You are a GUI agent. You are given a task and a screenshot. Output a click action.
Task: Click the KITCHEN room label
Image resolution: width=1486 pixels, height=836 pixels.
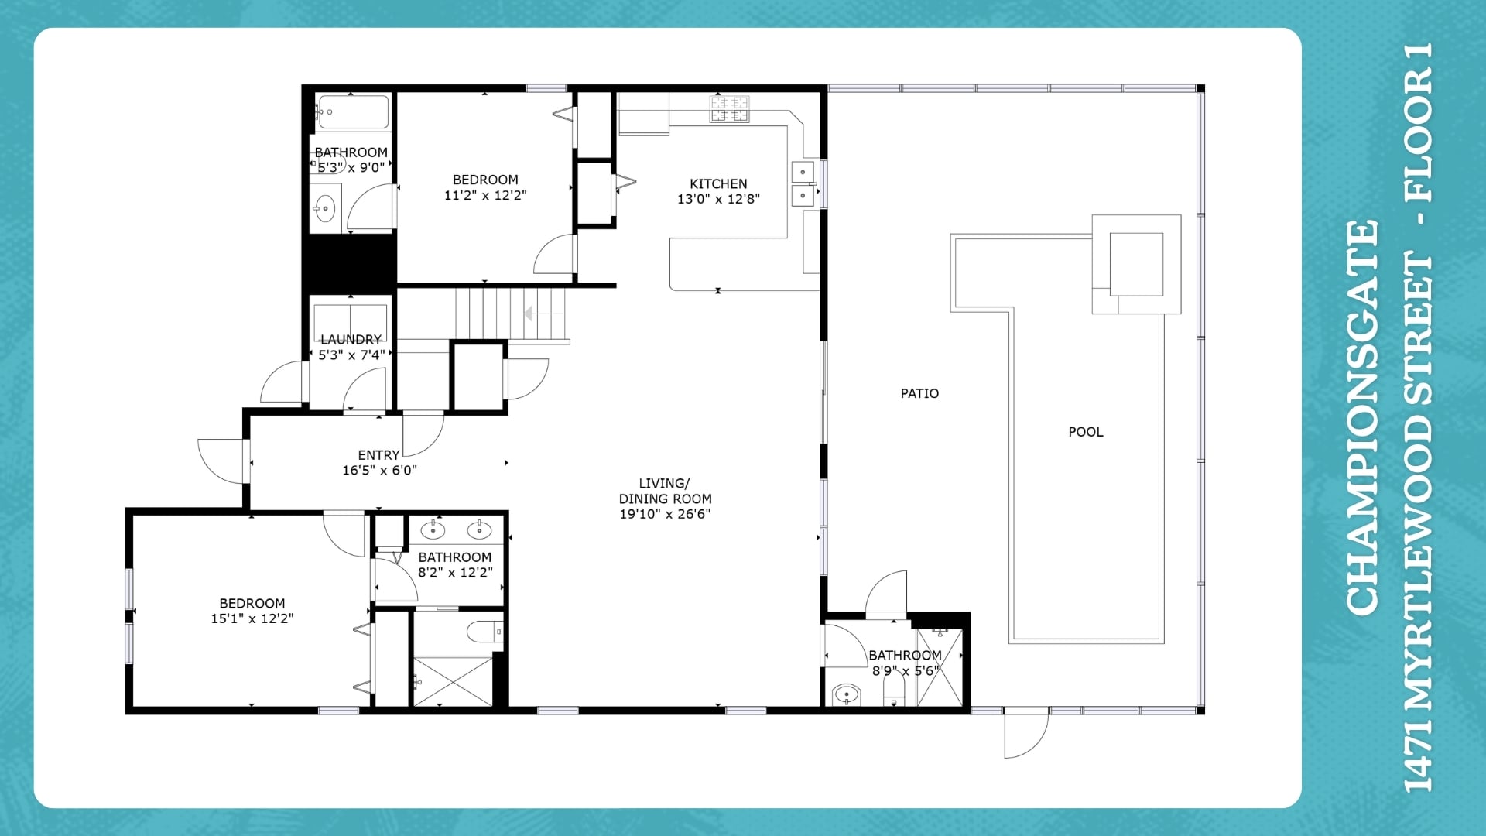[x=718, y=183]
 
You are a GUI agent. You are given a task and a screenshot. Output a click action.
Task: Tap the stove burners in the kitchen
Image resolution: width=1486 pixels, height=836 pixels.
[x=730, y=108]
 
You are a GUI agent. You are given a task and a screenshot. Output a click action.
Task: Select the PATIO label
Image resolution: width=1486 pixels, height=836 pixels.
[x=919, y=393]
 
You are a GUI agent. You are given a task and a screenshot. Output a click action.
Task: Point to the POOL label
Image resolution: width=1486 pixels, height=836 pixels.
[x=1086, y=432]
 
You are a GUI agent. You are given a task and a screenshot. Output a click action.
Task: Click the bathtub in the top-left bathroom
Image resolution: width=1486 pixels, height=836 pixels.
[x=353, y=112]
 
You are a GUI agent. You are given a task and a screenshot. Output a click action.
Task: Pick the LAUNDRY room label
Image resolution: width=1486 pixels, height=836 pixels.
[x=351, y=339]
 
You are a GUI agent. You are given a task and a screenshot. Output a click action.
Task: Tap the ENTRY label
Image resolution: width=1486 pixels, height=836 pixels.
[x=378, y=455]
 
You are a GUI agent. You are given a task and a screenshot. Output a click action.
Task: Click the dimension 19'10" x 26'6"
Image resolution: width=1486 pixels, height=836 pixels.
[x=665, y=513]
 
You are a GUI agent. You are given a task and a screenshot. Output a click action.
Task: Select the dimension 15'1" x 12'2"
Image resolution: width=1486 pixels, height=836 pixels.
[x=252, y=618]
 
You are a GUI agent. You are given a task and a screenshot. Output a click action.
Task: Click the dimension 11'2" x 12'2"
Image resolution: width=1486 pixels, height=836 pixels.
[x=485, y=195]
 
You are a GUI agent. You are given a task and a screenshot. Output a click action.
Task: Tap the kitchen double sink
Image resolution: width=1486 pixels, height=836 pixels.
[x=803, y=183]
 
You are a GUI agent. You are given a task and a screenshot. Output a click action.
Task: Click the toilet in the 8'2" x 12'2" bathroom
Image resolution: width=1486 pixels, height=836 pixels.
[x=485, y=632]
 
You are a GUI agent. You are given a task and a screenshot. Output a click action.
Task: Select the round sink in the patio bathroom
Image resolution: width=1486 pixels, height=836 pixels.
[x=847, y=694]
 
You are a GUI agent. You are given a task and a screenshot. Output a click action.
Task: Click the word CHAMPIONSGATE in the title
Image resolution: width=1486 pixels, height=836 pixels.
[x=1363, y=418]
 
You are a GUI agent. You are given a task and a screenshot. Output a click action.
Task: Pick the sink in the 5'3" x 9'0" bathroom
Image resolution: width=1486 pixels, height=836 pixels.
[x=325, y=208]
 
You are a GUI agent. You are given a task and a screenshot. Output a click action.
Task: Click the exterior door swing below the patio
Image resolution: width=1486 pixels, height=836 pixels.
[x=1026, y=733]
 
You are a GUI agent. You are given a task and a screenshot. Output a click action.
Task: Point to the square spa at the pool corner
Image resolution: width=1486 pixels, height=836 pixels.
[x=1136, y=264]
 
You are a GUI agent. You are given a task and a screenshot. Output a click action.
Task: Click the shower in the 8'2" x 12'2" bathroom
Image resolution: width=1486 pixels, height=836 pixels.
[x=453, y=680]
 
